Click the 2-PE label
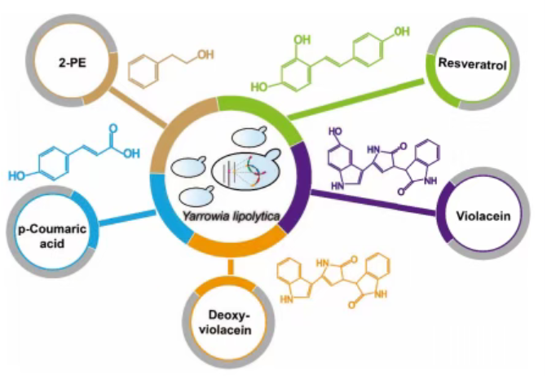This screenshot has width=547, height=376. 73,63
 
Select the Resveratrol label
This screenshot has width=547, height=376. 472,64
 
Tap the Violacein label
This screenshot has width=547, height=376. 483,216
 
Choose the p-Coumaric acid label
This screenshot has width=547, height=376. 52,236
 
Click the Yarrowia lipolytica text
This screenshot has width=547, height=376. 231,216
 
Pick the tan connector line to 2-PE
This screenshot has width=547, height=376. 138,107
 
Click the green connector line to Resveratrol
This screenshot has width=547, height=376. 355,100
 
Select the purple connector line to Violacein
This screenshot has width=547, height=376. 373,202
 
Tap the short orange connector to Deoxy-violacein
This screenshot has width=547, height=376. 230,267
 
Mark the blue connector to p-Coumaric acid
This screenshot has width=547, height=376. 127,218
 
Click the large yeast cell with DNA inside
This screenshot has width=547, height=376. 247,170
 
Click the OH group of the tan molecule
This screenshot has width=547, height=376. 205,55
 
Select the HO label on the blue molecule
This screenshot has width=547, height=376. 17,175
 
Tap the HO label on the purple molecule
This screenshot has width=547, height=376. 335,131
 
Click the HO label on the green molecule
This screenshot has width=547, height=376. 259,86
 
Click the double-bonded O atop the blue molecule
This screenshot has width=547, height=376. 113,128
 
